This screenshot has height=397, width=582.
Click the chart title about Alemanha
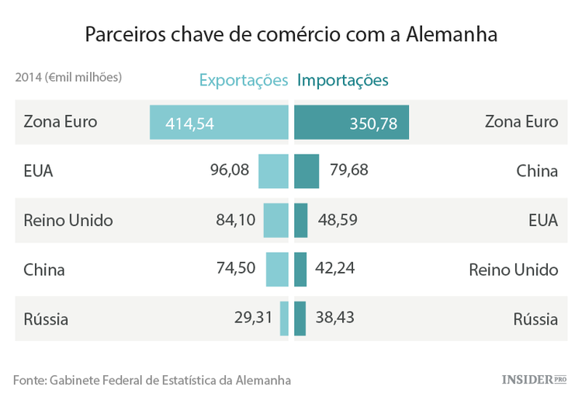(x=291, y=35)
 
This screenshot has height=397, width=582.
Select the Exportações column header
(x=244, y=80)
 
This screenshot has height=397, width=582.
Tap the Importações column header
(x=343, y=80)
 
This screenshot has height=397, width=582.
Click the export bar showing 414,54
(x=219, y=123)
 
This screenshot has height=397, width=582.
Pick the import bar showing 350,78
(x=352, y=123)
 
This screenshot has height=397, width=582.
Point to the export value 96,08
(x=230, y=170)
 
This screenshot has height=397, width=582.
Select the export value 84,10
(x=236, y=220)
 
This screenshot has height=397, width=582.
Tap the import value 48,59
(x=338, y=220)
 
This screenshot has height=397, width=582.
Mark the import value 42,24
(x=335, y=269)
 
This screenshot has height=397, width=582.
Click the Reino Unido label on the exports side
(x=68, y=220)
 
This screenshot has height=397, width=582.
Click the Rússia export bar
(x=284, y=319)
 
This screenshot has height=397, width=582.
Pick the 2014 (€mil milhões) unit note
(x=68, y=78)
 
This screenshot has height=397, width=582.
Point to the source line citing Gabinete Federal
(x=152, y=380)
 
